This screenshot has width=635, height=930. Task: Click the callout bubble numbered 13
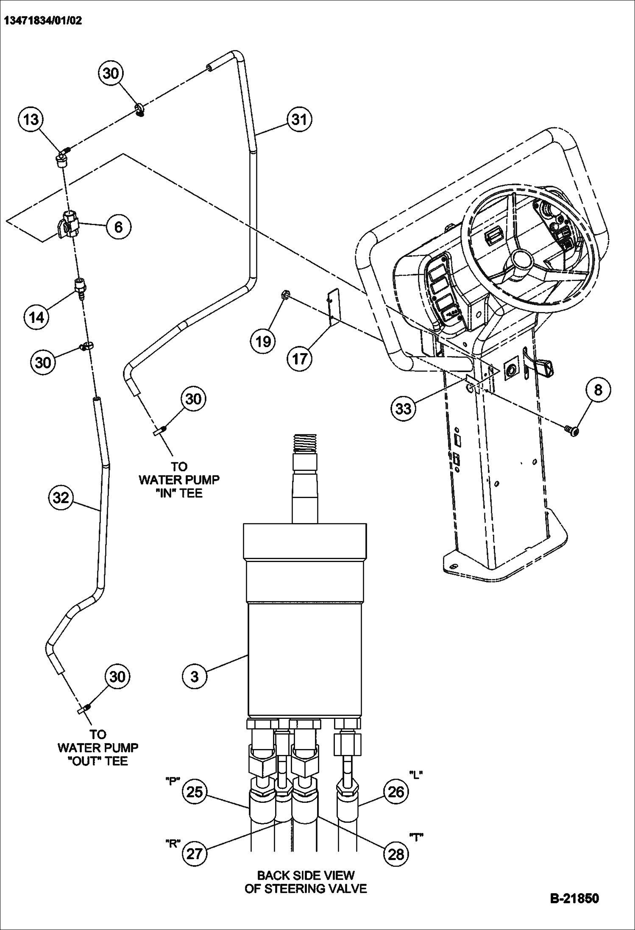[x=31, y=120]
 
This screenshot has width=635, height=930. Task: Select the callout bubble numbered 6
[x=118, y=227]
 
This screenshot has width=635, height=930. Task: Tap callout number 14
[x=37, y=316]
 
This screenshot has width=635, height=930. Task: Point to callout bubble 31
[x=299, y=120]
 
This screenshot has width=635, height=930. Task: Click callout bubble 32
[x=61, y=497]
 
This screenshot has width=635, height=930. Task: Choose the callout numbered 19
[x=263, y=340]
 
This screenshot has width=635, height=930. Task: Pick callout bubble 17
[x=299, y=359]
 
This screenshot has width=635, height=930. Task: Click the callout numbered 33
[x=403, y=409]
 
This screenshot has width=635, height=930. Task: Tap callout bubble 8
[x=598, y=390]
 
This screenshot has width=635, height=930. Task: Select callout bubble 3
[x=195, y=676]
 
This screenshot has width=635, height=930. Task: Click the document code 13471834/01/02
[x=43, y=20]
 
